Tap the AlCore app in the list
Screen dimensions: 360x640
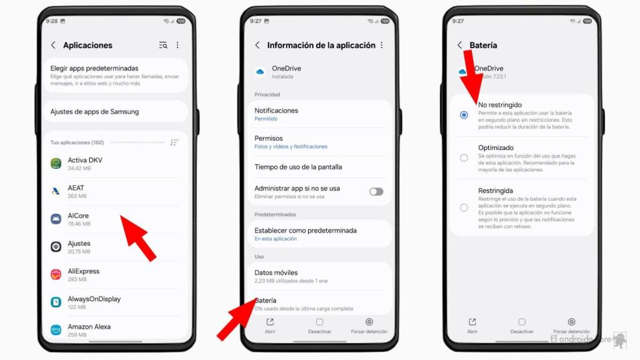pos(79,219)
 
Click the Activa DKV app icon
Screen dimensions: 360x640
pos(56,164)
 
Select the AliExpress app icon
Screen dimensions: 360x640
pos(56,274)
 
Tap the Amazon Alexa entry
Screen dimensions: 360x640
pos(89,329)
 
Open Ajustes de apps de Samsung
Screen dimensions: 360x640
pos(94,112)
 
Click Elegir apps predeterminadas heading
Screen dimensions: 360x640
pos(94,68)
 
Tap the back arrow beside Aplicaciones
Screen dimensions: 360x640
pos(53,45)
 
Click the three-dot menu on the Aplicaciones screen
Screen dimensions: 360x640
pos(177,45)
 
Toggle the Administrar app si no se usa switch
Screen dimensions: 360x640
pos(376,191)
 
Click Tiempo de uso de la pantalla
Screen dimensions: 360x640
pos(298,167)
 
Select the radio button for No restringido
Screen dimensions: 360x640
pos(464,115)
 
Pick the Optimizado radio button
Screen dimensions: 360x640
pos(464,157)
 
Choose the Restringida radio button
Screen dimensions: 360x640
pos(464,207)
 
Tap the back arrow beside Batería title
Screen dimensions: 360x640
pos(460,45)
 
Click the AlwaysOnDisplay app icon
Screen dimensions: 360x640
pos(56,302)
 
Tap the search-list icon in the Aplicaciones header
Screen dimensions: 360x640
pos(163,45)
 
